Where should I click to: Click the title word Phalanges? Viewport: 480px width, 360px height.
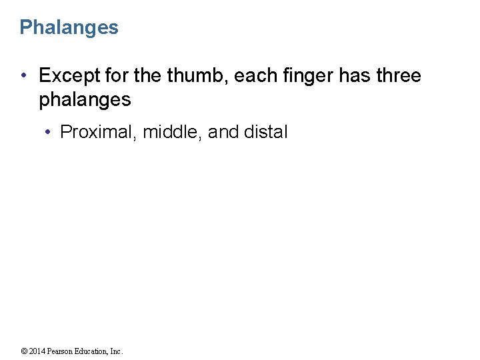click(69, 27)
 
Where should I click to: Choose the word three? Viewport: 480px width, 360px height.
click(398, 76)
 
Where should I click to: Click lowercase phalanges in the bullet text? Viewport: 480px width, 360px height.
click(85, 100)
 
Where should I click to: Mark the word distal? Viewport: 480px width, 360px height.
click(266, 132)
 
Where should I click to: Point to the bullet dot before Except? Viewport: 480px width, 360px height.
click(24, 77)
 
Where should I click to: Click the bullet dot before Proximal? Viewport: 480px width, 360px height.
click(48, 133)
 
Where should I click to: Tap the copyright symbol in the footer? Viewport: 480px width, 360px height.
click(23, 351)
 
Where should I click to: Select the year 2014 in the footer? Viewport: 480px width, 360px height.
click(37, 351)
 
